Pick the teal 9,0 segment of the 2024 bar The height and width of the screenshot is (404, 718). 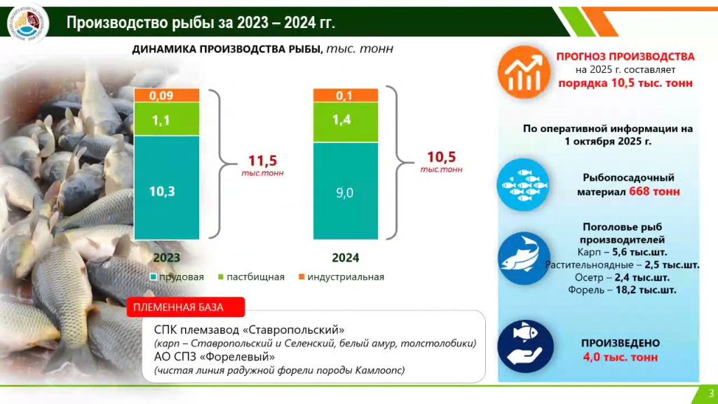tap(345, 191)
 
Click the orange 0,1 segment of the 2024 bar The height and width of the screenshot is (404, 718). tap(345, 95)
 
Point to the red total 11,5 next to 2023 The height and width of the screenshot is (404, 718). tap(263, 160)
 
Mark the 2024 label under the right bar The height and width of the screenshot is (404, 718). tap(345, 257)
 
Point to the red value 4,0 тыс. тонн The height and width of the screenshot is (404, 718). tap(620, 357)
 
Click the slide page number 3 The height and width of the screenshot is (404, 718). tap(711, 393)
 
